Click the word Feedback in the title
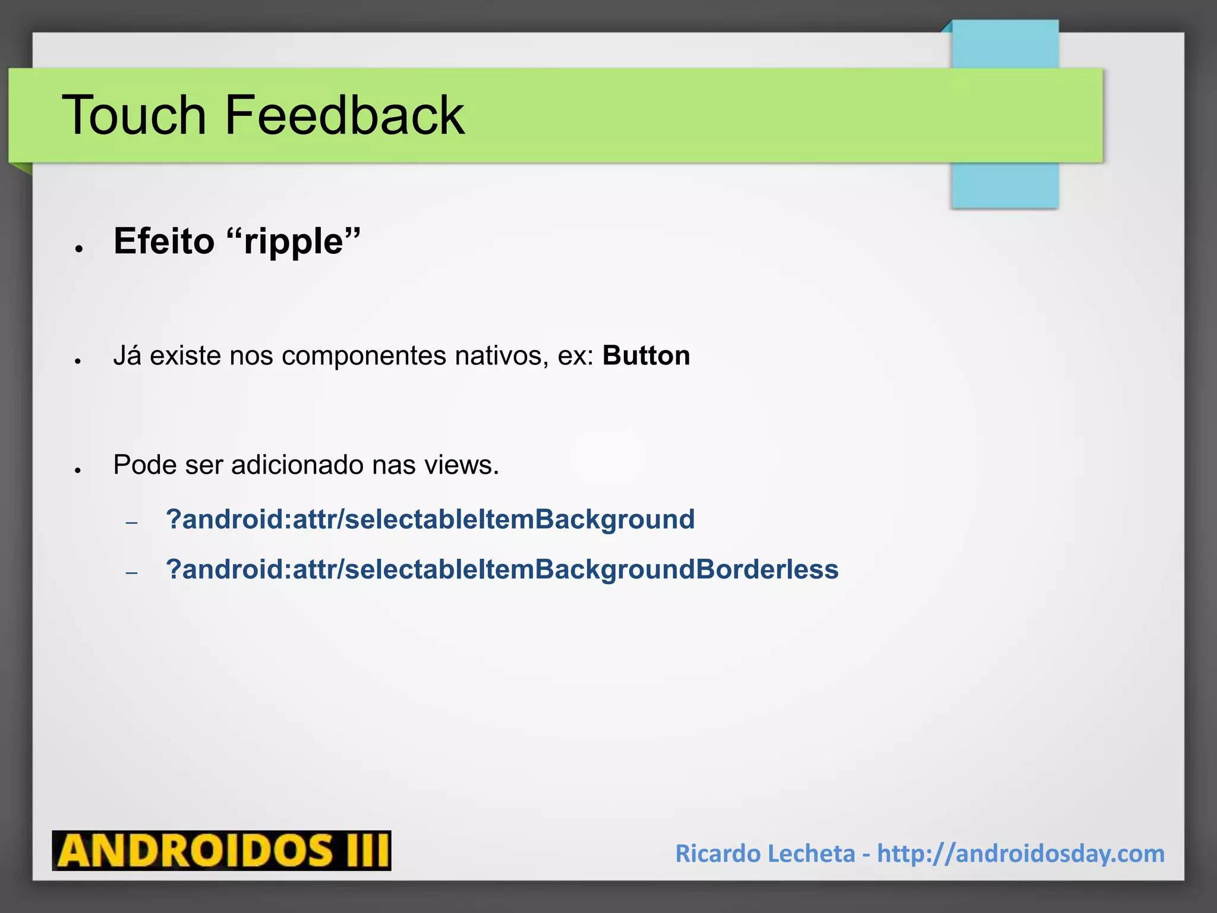[x=345, y=115]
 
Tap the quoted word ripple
[x=294, y=242]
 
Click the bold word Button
[x=646, y=355]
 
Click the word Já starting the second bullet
[x=127, y=355]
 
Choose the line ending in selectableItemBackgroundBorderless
[x=502, y=569]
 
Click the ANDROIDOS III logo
[x=221, y=851]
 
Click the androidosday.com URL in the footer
[x=1020, y=854]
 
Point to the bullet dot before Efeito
[x=78, y=249]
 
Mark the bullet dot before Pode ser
[x=78, y=470]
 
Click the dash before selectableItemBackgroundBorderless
[x=132, y=573]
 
